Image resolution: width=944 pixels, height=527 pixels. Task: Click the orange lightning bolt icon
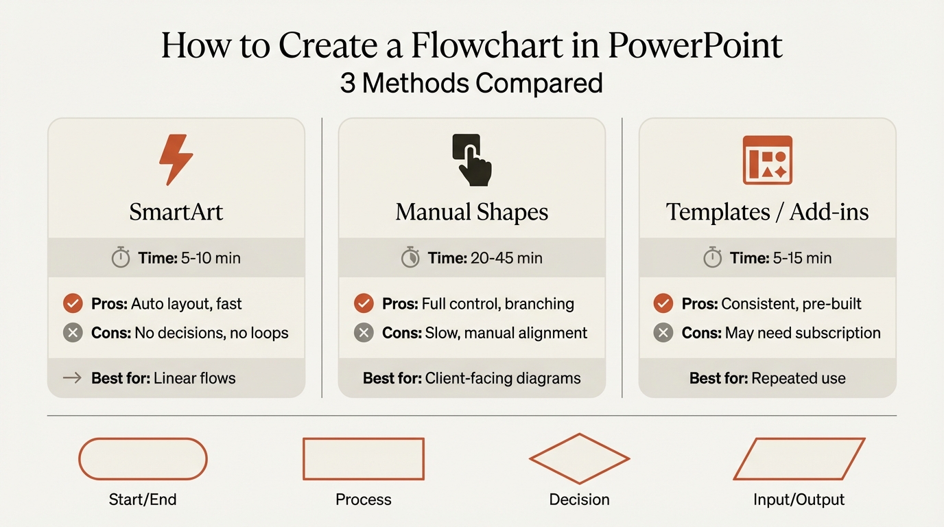tap(176, 159)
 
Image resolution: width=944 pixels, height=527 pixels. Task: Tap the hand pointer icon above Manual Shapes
tap(472, 159)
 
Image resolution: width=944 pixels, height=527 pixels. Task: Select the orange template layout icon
tap(767, 159)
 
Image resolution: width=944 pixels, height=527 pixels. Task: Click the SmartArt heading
tap(176, 212)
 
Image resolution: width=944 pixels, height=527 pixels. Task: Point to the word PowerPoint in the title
tap(695, 45)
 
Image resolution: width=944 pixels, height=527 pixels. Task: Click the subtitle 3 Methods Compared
tap(471, 84)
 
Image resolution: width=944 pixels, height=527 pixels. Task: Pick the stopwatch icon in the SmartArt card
tap(121, 258)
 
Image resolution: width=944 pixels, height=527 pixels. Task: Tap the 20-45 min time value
tap(506, 258)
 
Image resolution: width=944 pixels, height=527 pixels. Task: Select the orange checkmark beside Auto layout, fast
tap(73, 303)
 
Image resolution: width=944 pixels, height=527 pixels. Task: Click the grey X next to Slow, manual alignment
tap(364, 333)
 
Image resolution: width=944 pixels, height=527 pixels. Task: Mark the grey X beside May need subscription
tap(663, 333)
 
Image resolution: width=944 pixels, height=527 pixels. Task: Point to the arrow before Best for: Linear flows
tap(72, 377)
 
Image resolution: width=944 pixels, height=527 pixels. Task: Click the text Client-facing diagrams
tap(503, 378)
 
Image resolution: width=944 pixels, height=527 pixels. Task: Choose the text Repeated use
tap(799, 378)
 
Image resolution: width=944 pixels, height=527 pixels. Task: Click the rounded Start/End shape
tap(143, 458)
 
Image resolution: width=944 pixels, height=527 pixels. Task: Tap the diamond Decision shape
tap(579, 458)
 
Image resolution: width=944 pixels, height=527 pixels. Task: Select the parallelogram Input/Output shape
tap(799, 458)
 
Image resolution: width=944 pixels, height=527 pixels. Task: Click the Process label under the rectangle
tap(363, 500)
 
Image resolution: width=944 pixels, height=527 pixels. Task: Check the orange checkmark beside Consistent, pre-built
tap(663, 303)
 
